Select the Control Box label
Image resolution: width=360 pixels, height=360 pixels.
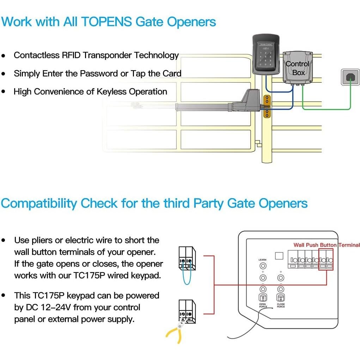click(x=298, y=68)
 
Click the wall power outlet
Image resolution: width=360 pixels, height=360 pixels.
click(x=350, y=77)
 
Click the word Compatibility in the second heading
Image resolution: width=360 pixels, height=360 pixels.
click(x=39, y=204)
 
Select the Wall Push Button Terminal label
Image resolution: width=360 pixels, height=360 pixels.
click(x=327, y=245)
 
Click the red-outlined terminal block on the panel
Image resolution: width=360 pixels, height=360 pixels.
click(x=326, y=260)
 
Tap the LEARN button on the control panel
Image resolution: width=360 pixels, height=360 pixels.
click(x=263, y=266)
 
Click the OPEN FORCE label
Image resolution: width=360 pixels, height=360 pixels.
click(x=263, y=305)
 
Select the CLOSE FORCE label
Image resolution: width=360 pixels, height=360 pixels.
click(x=281, y=305)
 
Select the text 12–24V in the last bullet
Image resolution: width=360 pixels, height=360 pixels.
click(x=55, y=307)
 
